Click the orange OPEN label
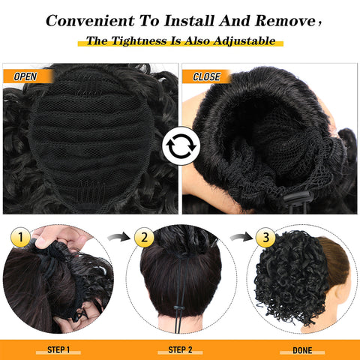pyautogui.click(x=24, y=76)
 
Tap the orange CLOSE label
pyautogui.click(x=206, y=76)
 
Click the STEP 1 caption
pyautogui.click(x=58, y=349)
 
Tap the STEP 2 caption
pyautogui.click(x=180, y=349)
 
